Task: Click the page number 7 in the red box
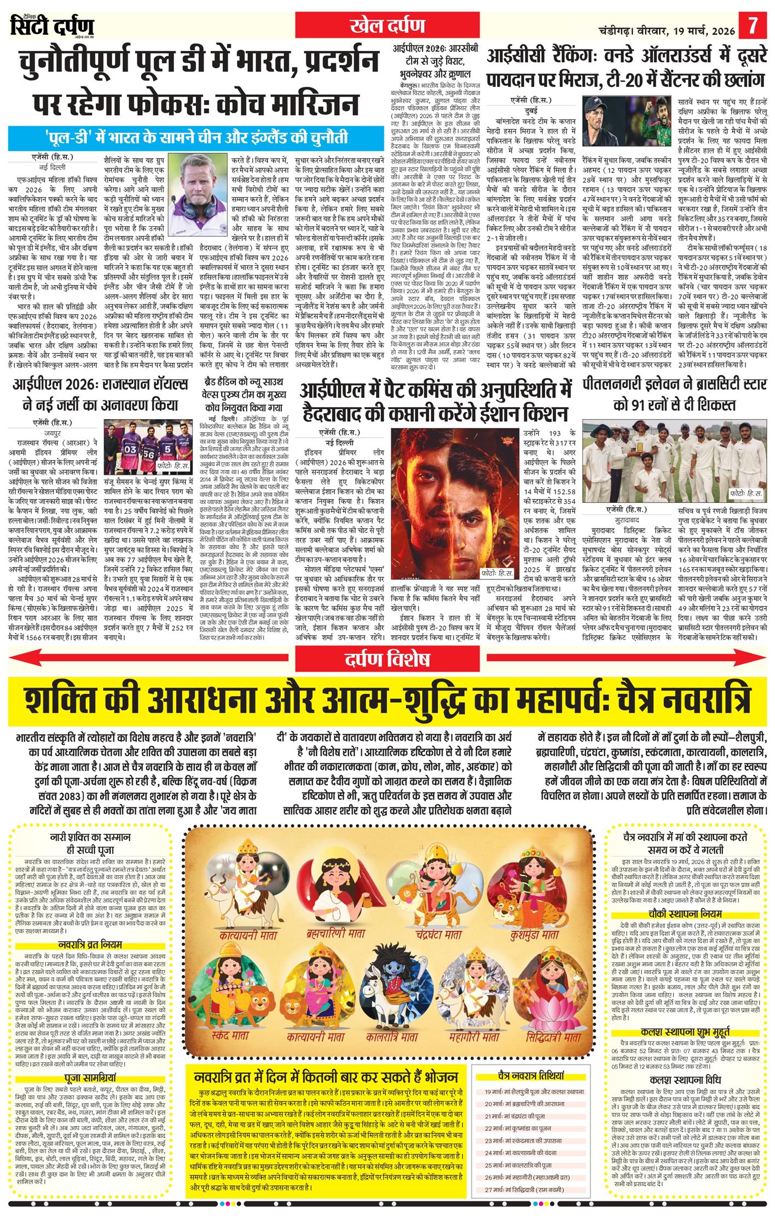tap(754, 26)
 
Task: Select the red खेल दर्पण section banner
tap(388, 25)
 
